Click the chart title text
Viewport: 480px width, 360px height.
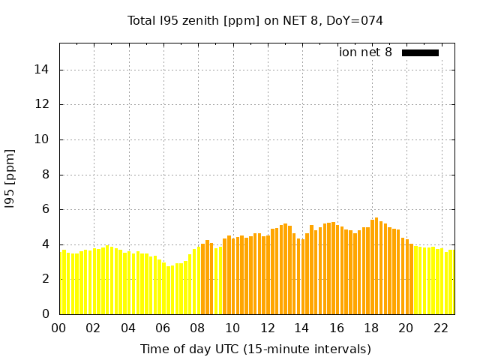coord(255,21)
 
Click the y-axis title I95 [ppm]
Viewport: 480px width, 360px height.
coord(10,178)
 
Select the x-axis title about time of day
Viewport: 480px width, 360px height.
coord(255,349)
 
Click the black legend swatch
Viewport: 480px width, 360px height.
coord(420,52)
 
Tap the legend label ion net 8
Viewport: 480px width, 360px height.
coord(365,52)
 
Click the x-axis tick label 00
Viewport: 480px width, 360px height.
coord(59,328)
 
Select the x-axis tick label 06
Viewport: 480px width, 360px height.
coord(163,328)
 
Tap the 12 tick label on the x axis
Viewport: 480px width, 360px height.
coord(267,328)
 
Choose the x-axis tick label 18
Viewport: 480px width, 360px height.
coord(371,328)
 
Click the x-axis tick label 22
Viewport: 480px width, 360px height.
coord(440,328)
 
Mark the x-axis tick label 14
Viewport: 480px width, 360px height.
coord(301,328)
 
